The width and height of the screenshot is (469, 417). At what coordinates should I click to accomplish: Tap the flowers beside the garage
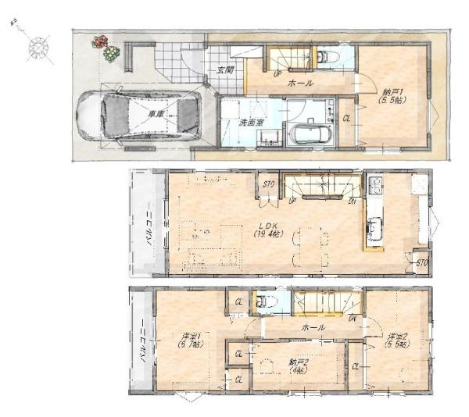click(106, 48)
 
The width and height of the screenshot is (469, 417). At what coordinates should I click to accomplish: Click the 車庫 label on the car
click(156, 115)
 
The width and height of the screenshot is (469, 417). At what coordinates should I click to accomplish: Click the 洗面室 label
click(251, 122)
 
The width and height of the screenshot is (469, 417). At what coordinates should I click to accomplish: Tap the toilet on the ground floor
click(328, 57)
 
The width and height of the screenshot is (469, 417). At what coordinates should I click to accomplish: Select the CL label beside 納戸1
click(346, 118)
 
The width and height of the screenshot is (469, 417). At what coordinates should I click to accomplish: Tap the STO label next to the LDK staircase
click(269, 185)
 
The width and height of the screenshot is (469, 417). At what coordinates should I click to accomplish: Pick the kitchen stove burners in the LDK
click(374, 186)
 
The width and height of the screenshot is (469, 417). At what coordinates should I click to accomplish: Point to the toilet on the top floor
click(263, 301)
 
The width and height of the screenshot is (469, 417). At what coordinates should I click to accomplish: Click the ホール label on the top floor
click(314, 327)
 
